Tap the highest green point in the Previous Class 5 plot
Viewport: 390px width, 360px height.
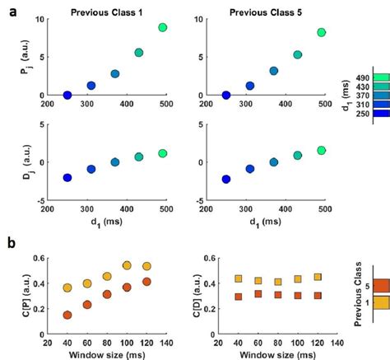click(322, 33)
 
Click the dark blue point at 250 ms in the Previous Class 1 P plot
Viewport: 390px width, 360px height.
click(67, 96)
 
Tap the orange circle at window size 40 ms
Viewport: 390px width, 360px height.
click(67, 315)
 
